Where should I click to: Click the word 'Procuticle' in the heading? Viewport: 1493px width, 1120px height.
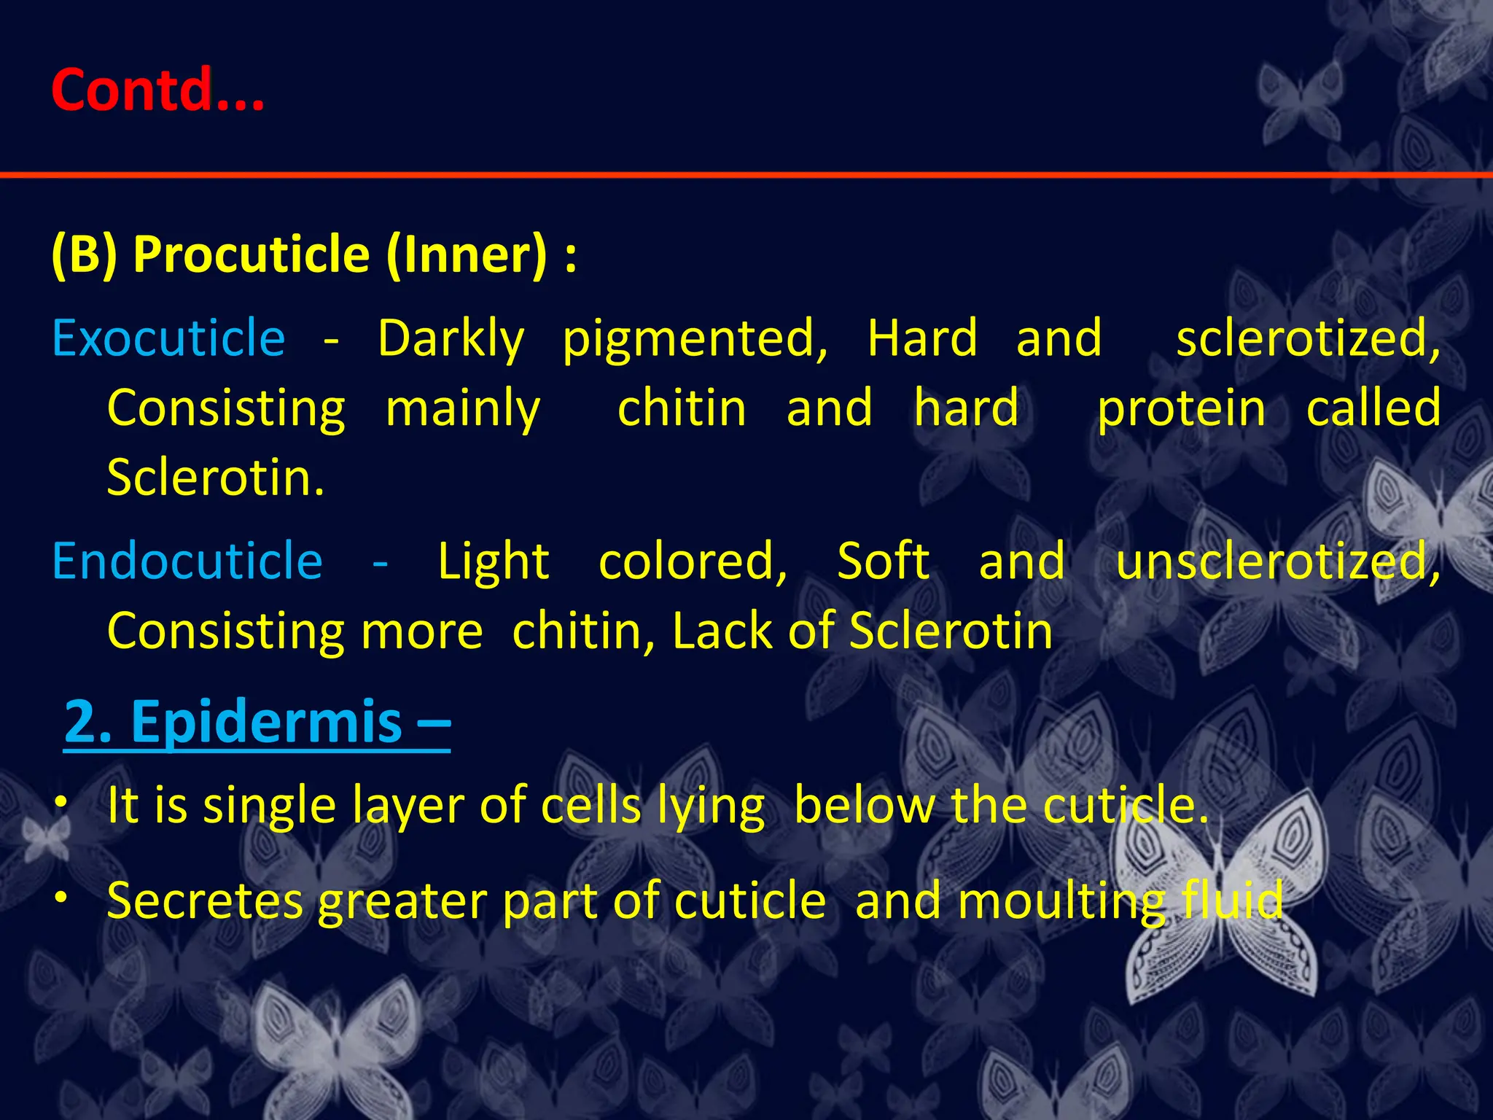click(252, 254)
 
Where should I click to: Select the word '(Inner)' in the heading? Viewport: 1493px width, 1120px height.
click(467, 254)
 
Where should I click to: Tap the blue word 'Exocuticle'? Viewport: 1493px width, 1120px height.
click(168, 338)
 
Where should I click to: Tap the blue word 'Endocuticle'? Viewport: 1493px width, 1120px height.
click(187, 561)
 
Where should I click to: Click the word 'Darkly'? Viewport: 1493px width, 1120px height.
click(451, 340)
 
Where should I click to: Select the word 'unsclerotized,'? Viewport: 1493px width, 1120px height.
click(1278, 561)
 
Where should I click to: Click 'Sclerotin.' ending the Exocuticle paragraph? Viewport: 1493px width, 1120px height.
click(216, 478)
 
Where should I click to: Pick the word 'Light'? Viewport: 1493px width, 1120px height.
click(494, 561)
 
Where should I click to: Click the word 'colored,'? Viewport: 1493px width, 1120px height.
click(693, 561)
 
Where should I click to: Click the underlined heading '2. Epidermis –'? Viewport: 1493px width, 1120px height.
click(257, 721)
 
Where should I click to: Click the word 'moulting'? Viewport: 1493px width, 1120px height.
click(1061, 902)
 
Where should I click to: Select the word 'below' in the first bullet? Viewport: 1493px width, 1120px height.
click(864, 806)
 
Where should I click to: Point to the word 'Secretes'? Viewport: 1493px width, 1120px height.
click(204, 901)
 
